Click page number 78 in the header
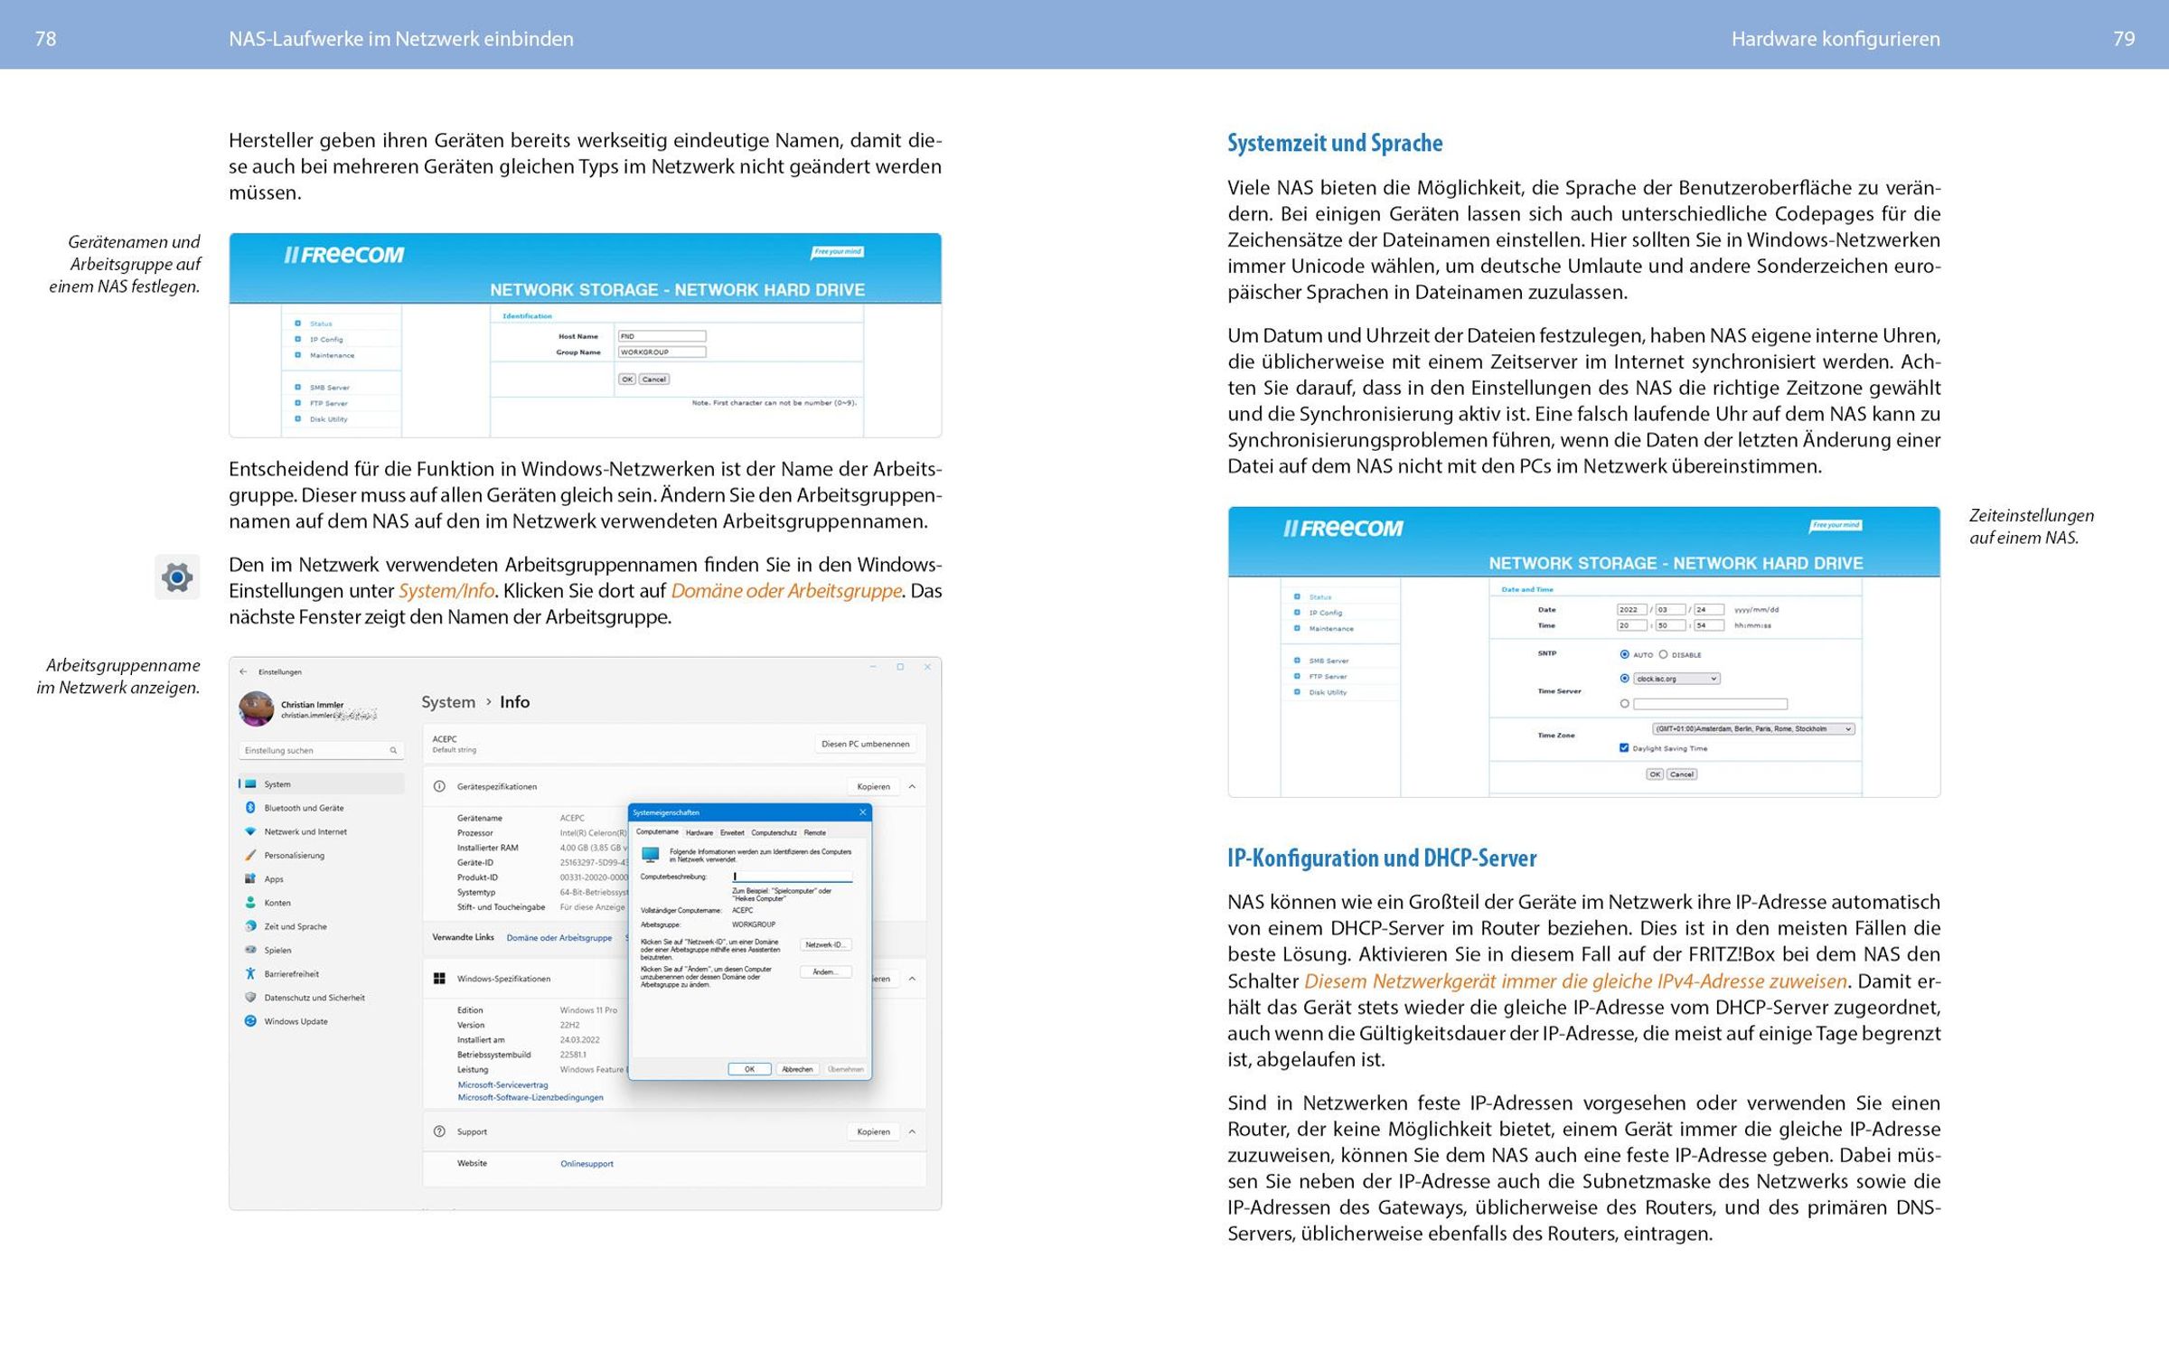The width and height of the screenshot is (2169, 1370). [45, 39]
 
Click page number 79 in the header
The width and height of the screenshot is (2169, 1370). [2124, 39]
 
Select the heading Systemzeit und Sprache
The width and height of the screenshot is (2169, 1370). [1334, 143]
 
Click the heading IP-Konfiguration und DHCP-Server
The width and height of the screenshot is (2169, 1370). [1381, 858]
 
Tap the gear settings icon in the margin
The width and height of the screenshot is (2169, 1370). [177, 577]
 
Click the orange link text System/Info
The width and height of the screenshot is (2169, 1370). [446, 591]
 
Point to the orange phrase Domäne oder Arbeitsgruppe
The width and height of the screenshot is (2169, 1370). [785, 591]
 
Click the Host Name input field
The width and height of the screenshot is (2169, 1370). [662, 336]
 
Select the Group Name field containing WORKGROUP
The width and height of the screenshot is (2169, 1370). [662, 352]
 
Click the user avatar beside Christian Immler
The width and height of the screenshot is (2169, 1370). [256, 709]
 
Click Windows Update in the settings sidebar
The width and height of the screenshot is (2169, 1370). [296, 1021]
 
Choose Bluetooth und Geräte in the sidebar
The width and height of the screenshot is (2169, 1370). [304, 808]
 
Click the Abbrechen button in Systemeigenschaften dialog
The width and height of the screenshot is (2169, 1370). [796, 1069]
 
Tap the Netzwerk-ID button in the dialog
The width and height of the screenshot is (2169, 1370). [825, 945]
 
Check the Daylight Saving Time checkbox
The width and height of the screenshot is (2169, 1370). [1624, 748]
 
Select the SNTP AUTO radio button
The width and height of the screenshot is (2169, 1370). [1624, 654]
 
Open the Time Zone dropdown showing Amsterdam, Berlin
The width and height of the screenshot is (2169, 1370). [1752, 729]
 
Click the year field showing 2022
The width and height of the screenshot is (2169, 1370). [1631, 610]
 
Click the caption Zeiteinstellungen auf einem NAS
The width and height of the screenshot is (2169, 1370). [2031, 526]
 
